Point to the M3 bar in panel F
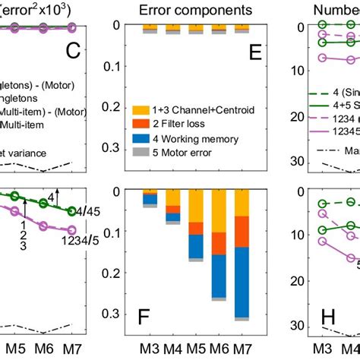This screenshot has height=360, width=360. [x=150, y=200]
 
